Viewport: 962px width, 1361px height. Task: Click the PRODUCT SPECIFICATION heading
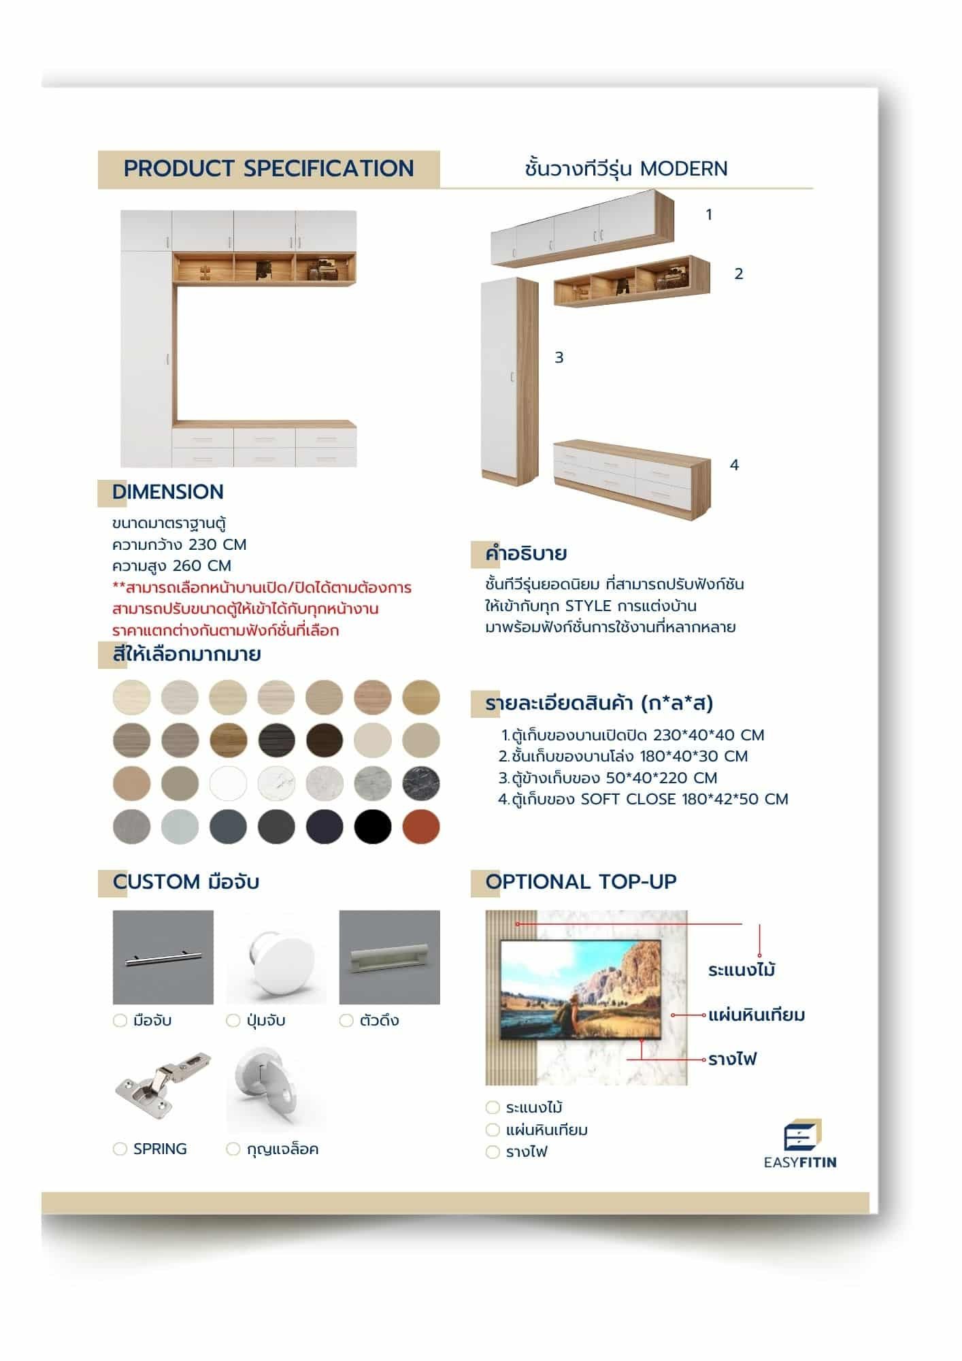269,169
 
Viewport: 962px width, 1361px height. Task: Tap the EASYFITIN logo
800,1143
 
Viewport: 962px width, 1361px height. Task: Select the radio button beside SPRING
120,1149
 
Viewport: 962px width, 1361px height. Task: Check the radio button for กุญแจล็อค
233,1149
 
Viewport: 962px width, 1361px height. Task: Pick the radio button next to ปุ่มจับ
233,1021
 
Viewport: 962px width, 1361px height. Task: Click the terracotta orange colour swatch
420,827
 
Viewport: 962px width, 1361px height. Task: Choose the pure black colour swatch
373,827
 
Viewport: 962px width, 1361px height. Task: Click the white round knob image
276,956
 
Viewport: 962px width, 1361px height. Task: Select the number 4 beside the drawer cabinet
734,465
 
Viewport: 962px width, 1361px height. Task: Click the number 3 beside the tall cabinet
559,357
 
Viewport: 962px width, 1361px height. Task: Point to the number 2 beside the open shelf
739,274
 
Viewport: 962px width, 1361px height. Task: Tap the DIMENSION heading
168,492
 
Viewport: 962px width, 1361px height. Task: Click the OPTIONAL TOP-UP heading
581,882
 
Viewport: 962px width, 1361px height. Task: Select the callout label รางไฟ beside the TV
733,1060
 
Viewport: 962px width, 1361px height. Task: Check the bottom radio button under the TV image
493,1152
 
